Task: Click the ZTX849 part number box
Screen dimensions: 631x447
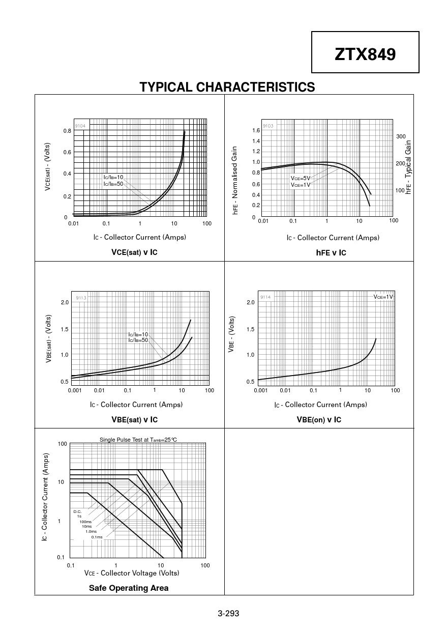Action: click(x=365, y=53)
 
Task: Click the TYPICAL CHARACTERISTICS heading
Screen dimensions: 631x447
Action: click(x=227, y=87)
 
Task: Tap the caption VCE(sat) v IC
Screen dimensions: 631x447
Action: click(x=134, y=252)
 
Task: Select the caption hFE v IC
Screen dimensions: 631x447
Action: click(x=331, y=252)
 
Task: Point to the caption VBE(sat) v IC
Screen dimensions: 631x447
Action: click(x=134, y=419)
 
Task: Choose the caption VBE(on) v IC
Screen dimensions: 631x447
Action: click(x=319, y=419)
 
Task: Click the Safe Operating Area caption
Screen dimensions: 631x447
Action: click(x=129, y=588)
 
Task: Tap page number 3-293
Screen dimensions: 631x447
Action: click(x=228, y=613)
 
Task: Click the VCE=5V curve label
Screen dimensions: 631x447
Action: click(x=301, y=178)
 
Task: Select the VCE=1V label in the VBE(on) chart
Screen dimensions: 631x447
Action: click(x=383, y=297)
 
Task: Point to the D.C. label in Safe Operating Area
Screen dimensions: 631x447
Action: click(x=77, y=511)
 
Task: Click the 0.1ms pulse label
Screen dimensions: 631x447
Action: click(x=97, y=537)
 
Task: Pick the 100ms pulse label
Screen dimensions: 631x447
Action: click(x=85, y=522)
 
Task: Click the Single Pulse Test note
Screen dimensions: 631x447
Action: click(x=138, y=440)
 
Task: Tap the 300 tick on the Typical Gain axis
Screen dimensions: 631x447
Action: click(x=401, y=136)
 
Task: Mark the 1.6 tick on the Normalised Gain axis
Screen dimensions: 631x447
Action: click(x=256, y=130)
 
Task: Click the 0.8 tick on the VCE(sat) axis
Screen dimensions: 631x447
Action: click(x=67, y=131)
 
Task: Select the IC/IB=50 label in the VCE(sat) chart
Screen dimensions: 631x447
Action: click(x=113, y=183)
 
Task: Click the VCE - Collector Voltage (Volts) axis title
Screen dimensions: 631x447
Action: click(x=132, y=573)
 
